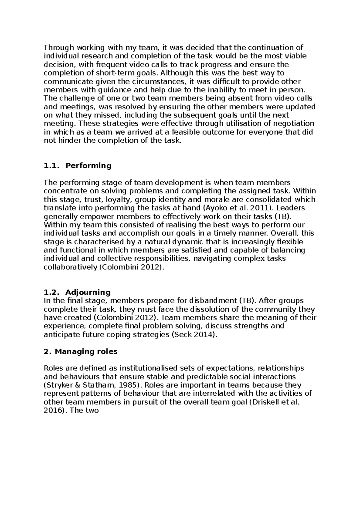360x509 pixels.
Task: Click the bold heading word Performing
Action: click(88, 166)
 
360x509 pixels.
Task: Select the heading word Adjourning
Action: click(88, 292)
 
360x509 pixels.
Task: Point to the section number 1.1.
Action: click(51, 166)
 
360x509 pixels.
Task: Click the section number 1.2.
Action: click(51, 292)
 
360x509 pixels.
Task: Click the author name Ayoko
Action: click(213, 208)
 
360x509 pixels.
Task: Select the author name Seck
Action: click(181, 335)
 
